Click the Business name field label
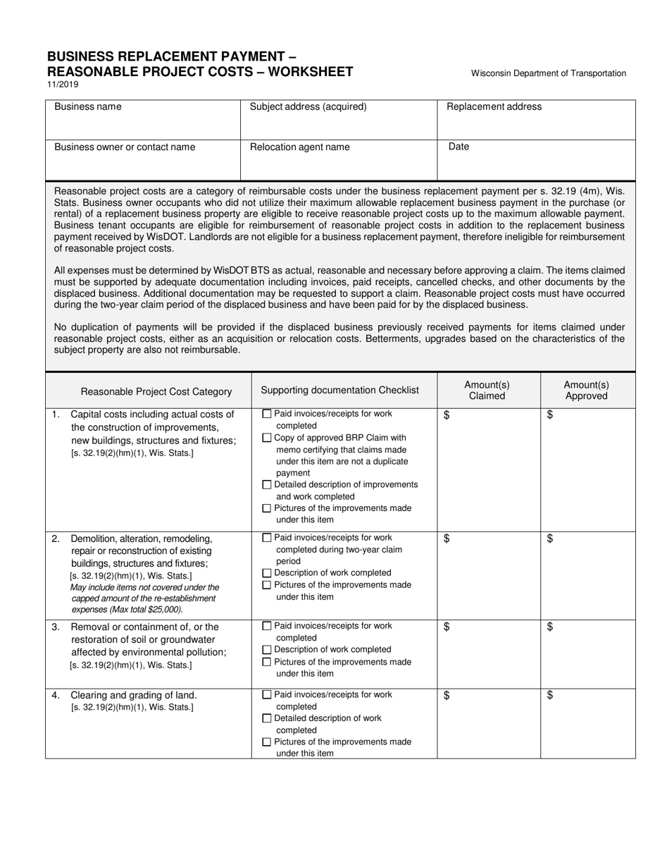click(87, 106)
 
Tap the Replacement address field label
click(494, 106)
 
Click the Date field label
click(458, 147)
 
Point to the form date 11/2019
click(63, 85)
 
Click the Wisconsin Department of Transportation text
click(548, 73)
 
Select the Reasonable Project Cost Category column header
click(156, 391)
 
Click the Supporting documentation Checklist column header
click(339, 390)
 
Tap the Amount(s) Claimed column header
click(487, 390)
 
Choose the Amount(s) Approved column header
click(587, 390)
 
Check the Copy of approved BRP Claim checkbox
click(266, 438)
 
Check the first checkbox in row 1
click(266, 414)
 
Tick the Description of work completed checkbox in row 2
click(266, 573)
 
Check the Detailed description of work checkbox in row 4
click(266, 718)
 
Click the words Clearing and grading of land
click(134, 695)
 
